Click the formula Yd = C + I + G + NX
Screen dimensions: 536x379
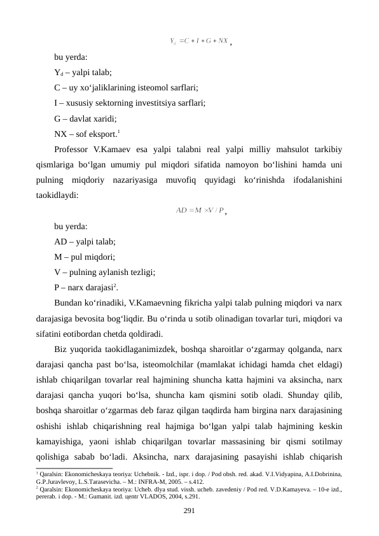[x=200, y=43]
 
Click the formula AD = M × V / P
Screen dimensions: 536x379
[x=200, y=211]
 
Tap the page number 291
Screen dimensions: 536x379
[x=189, y=511]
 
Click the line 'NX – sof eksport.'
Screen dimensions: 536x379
[x=86, y=134]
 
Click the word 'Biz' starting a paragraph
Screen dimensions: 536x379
[x=61, y=349]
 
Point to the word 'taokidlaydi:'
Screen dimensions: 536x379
[x=57, y=197]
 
